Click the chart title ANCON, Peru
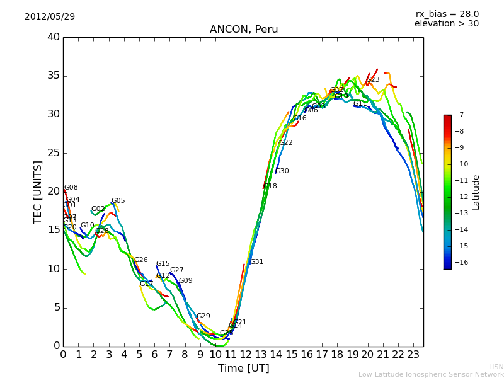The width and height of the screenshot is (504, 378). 243,30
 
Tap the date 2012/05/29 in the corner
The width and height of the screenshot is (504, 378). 50,16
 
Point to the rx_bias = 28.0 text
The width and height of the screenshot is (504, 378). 447,14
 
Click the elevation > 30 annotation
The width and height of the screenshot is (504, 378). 446,24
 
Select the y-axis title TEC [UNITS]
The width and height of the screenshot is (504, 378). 38,192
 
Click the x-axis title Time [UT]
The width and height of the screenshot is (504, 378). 243,368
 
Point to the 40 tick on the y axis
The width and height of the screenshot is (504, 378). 53,37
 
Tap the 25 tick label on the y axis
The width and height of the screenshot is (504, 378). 53,153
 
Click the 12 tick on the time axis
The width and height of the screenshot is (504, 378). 246,354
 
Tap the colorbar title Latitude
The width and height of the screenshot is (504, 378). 476,192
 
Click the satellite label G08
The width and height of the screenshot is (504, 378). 71,188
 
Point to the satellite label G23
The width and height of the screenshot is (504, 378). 373,80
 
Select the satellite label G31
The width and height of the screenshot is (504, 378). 256,262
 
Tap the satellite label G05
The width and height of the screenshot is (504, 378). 118,201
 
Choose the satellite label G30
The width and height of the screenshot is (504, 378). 282,171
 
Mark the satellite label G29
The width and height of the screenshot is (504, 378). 203,316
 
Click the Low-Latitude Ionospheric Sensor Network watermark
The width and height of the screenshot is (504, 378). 431,374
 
